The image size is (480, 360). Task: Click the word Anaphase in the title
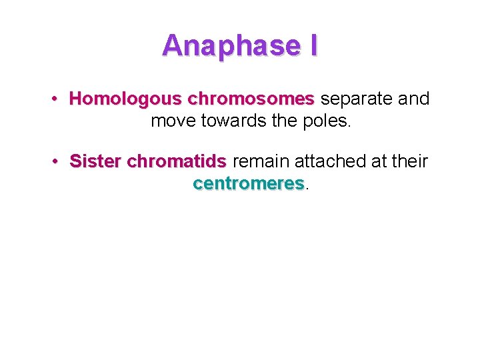pyautogui.click(x=227, y=45)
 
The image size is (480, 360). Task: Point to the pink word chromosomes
pyautogui.click(x=251, y=99)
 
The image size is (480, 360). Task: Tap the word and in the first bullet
pyautogui.click(x=414, y=99)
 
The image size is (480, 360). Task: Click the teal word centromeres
pyautogui.click(x=248, y=183)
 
